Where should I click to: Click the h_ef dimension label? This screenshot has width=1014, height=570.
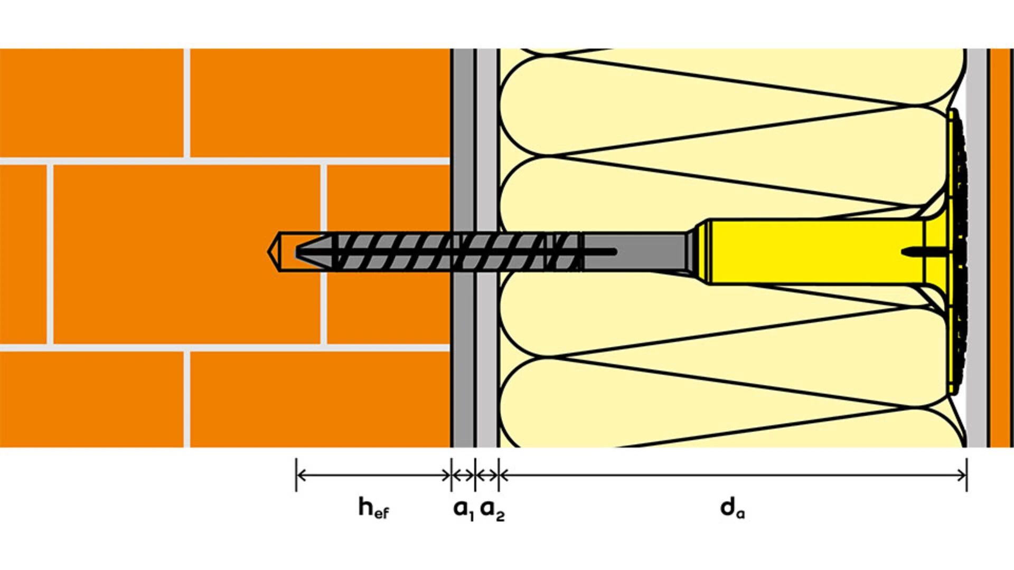click(x=374, y=508)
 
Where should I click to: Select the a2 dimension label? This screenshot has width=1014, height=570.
click(x=492, y=509)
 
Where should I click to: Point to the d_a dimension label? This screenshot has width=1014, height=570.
click(x=733, y=508)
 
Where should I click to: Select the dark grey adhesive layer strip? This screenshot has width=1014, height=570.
click(x=463, y=248)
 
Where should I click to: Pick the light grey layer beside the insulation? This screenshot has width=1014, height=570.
click(x=487, y=248)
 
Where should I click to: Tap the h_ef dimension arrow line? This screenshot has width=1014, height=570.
click(x=374, y=475)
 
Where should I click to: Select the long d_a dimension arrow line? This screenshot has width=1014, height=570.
click(x=733, y=475)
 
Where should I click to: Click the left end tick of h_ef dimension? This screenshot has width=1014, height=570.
click(x=296, y=475)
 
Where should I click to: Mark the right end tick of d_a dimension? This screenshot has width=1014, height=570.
click(x=966, y=475)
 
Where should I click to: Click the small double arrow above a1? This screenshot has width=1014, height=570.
click(x=463, y=475)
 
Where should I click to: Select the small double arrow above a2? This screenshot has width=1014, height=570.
click(x=487, y=475)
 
